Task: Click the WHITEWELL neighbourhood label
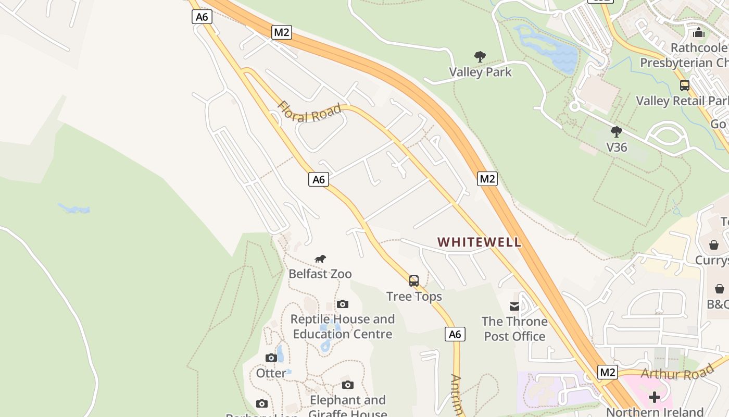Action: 479,242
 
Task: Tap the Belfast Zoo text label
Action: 320,274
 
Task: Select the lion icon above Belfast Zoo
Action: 320,259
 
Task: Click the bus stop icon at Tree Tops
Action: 413,281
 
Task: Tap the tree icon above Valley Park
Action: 480,56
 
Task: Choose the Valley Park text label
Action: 480,72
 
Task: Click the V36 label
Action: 617,147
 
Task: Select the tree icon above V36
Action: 617,132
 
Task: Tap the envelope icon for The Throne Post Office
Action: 514,306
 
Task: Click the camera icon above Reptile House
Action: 342,304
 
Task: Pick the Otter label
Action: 271,373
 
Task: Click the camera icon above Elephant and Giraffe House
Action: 348,385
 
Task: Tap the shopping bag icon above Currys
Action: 714,244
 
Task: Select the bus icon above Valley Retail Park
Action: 685,85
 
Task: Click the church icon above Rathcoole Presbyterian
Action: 699,32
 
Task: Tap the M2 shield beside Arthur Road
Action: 607,372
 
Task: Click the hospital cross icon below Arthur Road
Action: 655,397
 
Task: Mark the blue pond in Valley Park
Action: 552,50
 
